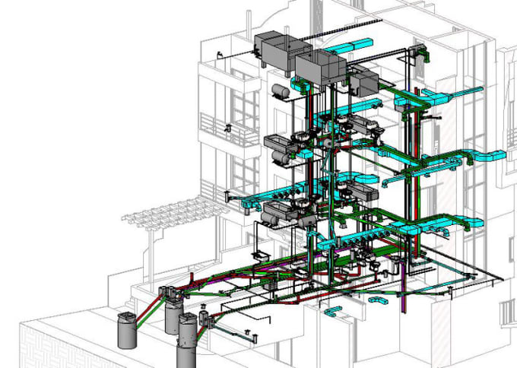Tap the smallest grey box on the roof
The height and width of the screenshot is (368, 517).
(364, 82)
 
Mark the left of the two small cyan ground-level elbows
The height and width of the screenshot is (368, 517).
(332, 310)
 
